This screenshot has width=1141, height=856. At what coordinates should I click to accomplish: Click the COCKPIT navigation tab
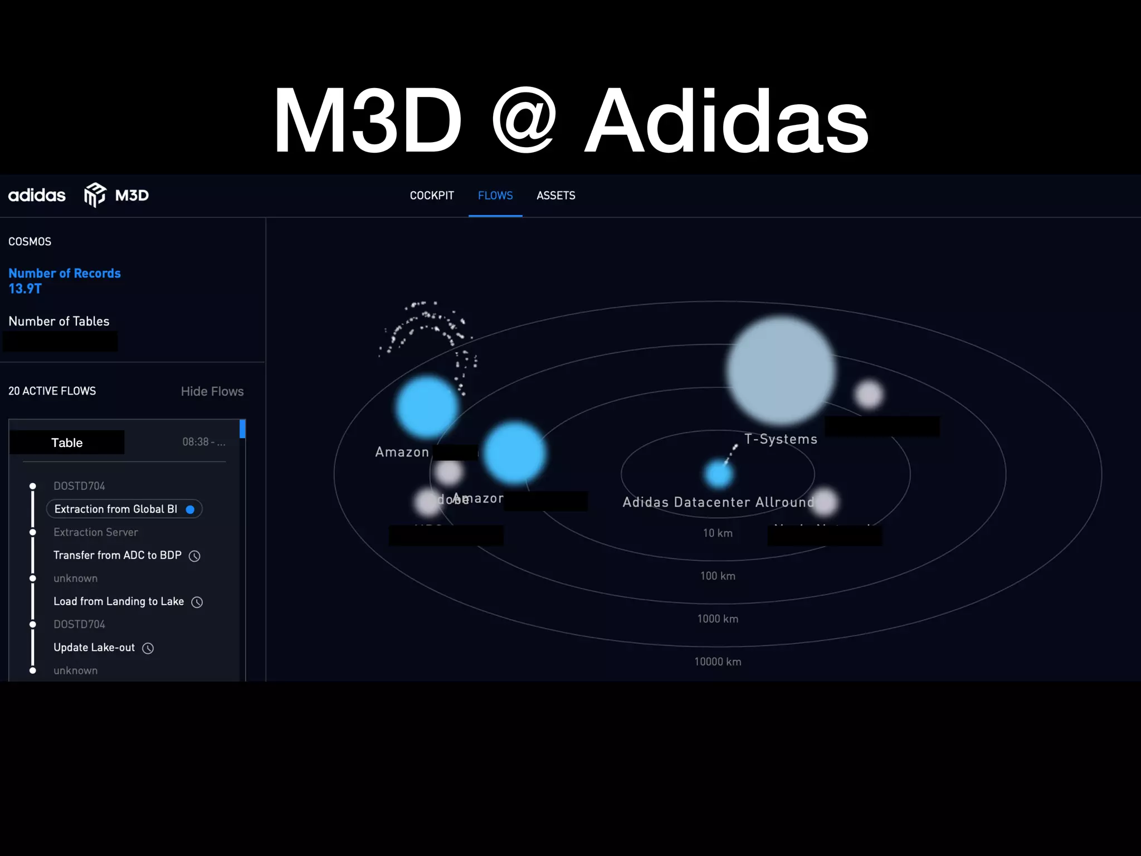point(432,196)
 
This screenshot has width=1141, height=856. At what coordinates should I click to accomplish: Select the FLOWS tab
point(495,196)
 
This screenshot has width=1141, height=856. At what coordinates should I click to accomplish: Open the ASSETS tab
point(555,196)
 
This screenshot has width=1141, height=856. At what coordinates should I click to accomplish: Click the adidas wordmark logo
point(37,195)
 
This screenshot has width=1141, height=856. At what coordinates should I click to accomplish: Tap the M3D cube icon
point(95,195)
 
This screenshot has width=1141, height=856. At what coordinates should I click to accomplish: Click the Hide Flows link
point(212,391)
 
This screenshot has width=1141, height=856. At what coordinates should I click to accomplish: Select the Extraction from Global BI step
point(116,509)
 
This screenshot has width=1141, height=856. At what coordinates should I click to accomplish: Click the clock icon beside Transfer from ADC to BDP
point(194,556)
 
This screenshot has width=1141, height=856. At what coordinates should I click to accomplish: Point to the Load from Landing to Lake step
point(119,601)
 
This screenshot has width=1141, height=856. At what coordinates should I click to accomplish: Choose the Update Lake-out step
point(94,648)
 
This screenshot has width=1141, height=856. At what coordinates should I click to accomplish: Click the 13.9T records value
point(25,289)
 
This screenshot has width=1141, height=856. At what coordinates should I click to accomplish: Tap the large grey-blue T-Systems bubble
point(781,369)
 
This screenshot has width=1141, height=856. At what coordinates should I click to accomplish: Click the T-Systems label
point(781,439)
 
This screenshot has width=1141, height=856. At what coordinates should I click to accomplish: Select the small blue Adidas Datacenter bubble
point(719,474)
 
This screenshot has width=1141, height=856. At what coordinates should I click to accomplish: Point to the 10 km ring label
point(718,533)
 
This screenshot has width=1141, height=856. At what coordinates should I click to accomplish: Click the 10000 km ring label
point(718,662)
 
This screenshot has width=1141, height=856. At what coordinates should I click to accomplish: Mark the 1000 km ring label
point(718,619)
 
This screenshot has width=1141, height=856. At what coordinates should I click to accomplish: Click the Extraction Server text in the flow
point(96,532)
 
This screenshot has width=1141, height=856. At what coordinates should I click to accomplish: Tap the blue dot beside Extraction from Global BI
point(190,509)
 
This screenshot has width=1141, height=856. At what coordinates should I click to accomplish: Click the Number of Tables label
point(59,321)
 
